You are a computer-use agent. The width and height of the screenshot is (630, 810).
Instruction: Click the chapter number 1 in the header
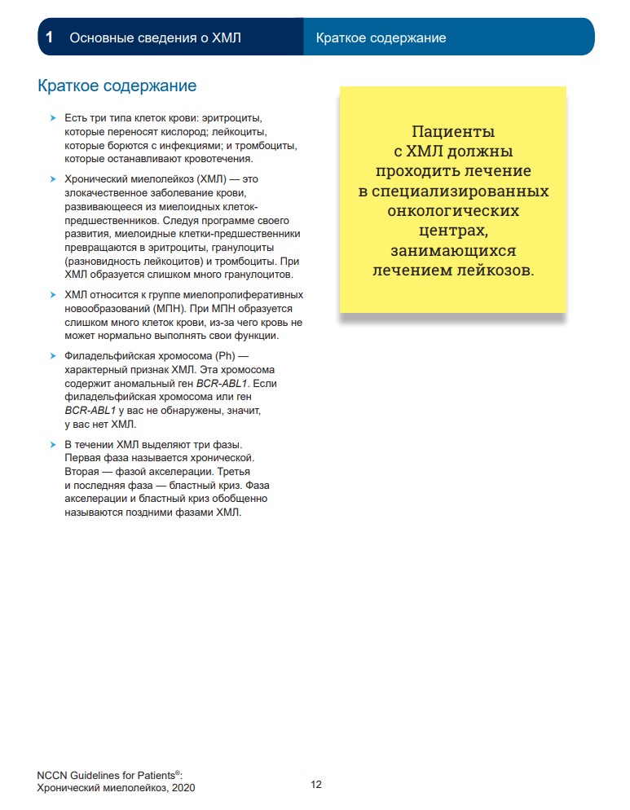(50, 37)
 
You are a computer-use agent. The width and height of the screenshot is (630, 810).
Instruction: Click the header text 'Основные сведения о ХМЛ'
(155, 37)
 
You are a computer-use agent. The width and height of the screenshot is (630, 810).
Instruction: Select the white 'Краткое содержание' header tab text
(381, 37)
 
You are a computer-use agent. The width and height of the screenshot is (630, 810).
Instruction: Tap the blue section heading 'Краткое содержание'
(117, 86)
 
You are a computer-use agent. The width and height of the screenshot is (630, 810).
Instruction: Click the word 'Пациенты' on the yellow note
(453, 131)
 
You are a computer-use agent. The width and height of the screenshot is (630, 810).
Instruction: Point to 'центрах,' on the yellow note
(453, 230)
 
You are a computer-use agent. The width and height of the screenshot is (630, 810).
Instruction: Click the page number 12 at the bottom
(316, 785)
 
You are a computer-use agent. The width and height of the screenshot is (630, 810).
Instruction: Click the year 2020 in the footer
(183, 788)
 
